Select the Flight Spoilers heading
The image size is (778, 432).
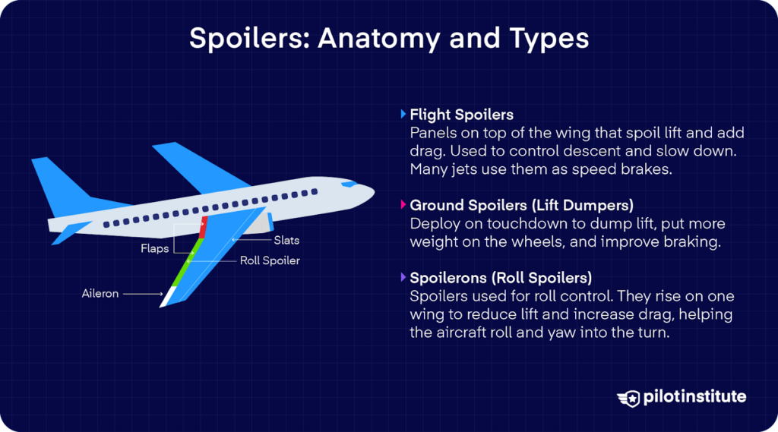461,115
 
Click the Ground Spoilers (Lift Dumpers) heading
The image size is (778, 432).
521,206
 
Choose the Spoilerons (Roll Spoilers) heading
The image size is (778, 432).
501,277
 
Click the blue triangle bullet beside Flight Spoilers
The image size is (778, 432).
403,115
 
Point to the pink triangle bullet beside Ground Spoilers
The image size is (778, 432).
403,206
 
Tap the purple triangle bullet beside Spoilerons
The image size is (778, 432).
403,277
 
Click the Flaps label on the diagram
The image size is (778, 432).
154,248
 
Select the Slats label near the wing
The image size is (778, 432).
286,241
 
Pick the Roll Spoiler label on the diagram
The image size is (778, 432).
270,260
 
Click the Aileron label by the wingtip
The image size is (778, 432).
100,293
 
